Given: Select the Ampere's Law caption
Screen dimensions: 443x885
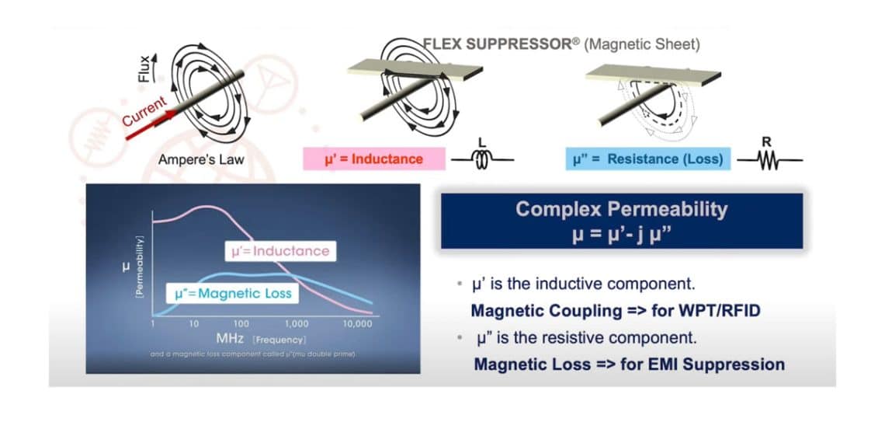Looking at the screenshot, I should tap(201, 159).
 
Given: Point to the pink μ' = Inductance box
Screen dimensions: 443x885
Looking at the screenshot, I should tap(373, 159).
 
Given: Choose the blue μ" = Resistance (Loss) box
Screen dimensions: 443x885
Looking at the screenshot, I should tap(647, 159).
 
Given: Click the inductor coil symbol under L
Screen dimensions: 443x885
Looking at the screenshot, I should tap(483, 160).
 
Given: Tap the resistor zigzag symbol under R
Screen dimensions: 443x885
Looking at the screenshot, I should tap(770, 160).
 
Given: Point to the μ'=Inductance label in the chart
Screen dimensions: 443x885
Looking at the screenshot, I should tap(281, 251).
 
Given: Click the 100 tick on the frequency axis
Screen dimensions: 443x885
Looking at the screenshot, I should tap(241, 323).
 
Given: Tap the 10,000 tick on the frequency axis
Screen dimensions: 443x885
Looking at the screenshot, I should tap(357, 323).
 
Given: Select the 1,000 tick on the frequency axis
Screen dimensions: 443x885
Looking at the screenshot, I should tap(297, 323).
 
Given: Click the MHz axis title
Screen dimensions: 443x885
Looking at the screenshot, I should tap(231, 340).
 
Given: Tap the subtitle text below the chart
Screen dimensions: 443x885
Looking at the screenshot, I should tap(253, 354).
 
